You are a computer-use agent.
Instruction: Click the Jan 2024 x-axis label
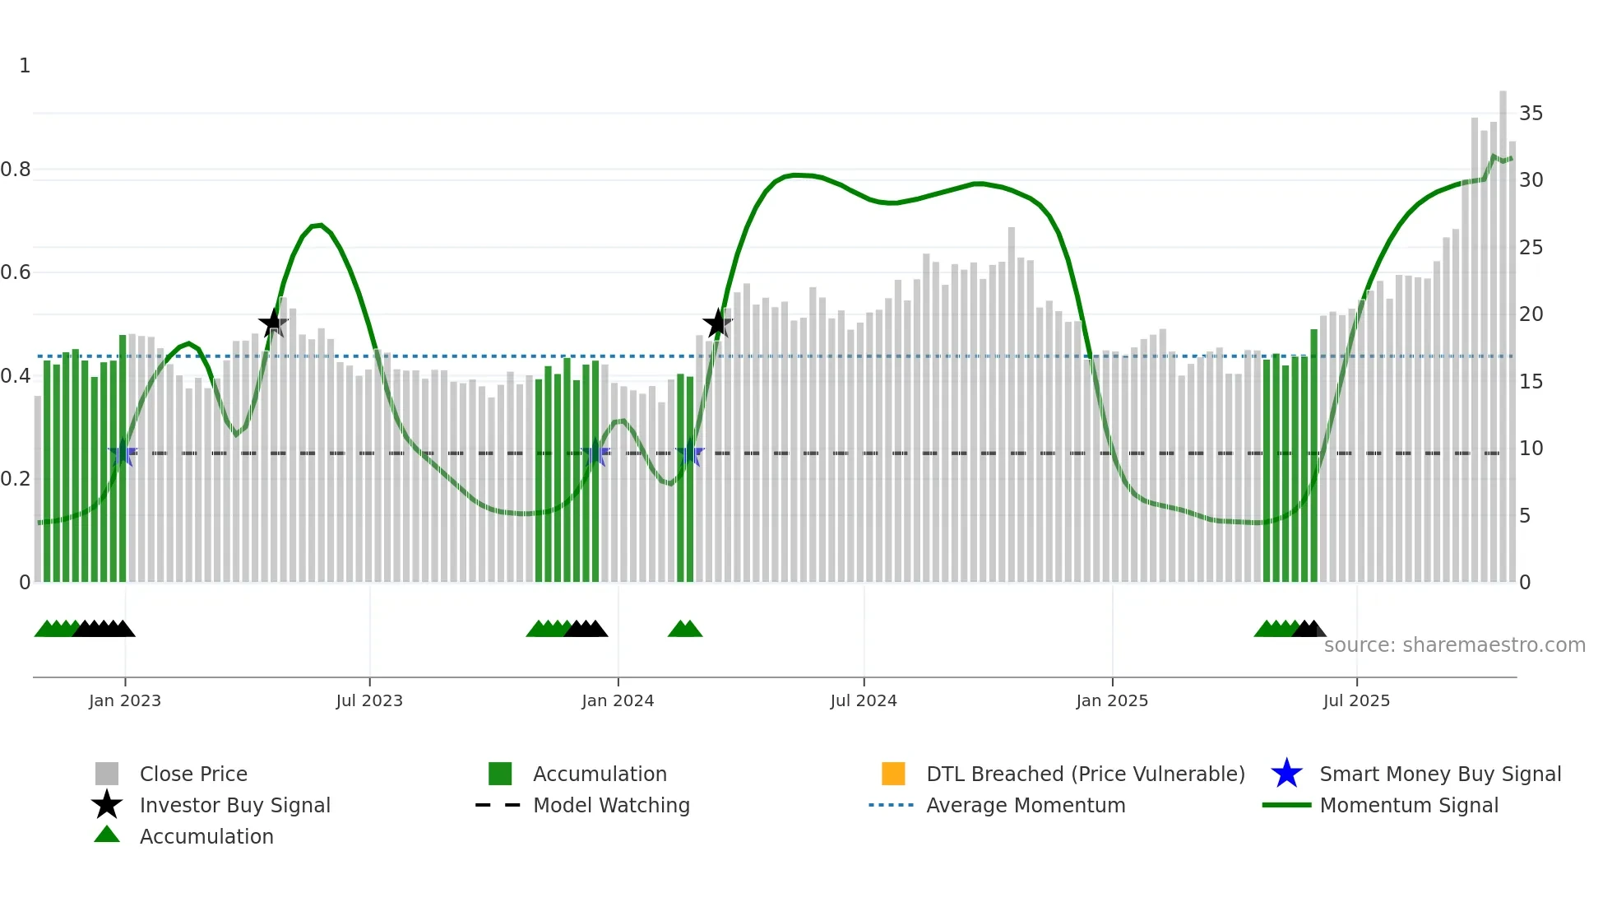point(618,700)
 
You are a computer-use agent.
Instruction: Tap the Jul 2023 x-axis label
point(369,700)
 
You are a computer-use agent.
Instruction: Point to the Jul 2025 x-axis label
point(1356,700)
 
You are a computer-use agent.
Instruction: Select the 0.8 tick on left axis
point(16,170)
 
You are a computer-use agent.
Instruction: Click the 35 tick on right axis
point(1531,114)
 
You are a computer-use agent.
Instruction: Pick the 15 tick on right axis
point(1531,381)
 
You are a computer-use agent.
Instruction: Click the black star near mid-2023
point(273,323)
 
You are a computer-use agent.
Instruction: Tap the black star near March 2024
point(717,323)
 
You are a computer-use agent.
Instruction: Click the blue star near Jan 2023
point(123,453)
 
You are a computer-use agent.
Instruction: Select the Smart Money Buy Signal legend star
point(1286,774)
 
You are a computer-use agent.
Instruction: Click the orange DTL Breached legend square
point(893,774)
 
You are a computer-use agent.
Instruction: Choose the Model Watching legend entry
point(611,805)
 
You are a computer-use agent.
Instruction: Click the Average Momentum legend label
point(1026,805)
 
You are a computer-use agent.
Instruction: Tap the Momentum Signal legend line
point(1286,805)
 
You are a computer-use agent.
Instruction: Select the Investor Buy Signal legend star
point(107,805)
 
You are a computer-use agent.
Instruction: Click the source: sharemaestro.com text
point(1454,645)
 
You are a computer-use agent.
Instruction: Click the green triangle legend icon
point(107,835)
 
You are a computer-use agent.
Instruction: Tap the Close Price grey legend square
point(107,774)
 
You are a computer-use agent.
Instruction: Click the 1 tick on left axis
point(25,66)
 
